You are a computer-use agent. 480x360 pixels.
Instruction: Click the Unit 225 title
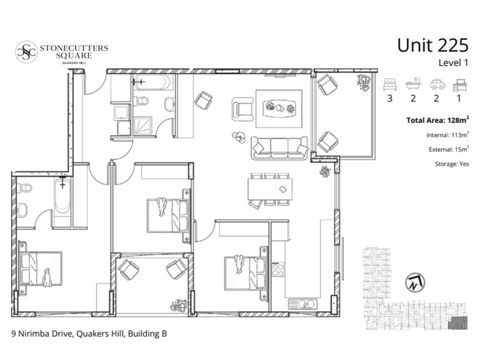click(433, 46)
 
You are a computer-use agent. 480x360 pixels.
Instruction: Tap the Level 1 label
click(454, 63)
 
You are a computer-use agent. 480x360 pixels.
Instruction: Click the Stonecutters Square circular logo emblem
click(26, 52)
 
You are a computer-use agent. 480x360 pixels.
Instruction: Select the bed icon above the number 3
click(390, 84)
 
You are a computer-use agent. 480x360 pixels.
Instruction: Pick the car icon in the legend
click(437, 85)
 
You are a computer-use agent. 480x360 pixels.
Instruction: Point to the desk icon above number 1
click(460, 85)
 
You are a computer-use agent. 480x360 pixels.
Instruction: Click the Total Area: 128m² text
click(437, 120)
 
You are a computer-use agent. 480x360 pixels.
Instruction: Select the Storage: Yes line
click(452, 164)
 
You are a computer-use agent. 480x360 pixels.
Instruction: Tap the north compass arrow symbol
click(415, 283)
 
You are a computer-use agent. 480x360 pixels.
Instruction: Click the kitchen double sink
click(303, 304)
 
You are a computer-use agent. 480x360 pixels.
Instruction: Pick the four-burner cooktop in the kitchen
click(278, 269)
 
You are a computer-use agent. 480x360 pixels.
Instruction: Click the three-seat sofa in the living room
click(280, 148)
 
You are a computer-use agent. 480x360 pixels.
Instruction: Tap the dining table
click(270, 190)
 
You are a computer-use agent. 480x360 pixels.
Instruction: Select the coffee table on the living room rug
click(279, 109)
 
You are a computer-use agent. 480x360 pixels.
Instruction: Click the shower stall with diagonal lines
click(142, 126)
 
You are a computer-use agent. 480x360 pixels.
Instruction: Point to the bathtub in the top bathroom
click(153, 82)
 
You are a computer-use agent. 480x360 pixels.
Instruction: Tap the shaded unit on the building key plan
click(458, 323)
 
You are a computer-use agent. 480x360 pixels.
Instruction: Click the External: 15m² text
click(449, 149)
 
